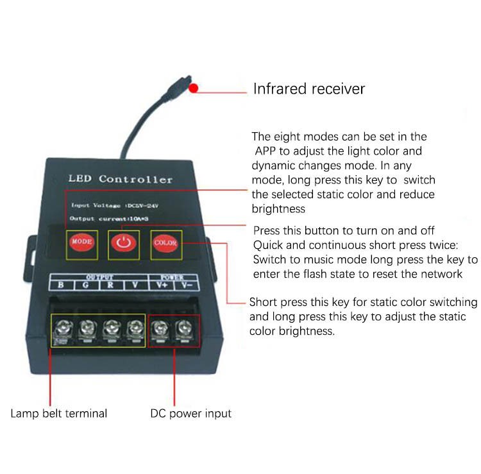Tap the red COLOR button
coord(165,244)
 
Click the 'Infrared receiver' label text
coord(308,89)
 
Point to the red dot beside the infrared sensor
coord(193,89)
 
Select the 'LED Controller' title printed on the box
coord(121,180)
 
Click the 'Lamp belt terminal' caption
coord(59,413)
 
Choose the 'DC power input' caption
coord(190,413)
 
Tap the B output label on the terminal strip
coord(61,285)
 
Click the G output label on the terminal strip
coord(86,285)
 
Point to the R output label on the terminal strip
coord(110,285)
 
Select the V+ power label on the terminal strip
coord(158,285)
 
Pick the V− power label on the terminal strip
coord(185,285)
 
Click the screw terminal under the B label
coord(63,330)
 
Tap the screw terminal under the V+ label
coord(158,330)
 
